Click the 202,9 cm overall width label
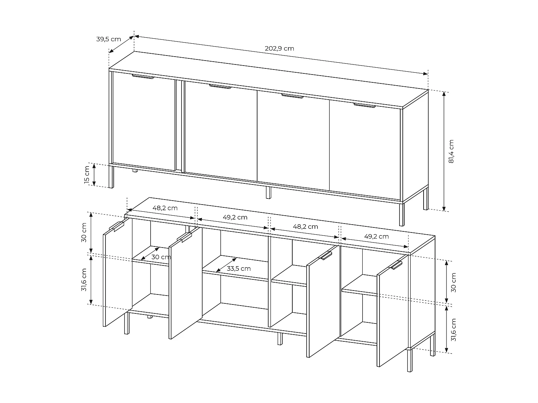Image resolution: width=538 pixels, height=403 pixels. pos(279,48)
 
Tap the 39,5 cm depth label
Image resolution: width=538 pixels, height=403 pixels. pos(108,39)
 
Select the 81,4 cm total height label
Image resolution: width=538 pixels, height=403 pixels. pos(451,151)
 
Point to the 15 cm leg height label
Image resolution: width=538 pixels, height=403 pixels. pos(86,175)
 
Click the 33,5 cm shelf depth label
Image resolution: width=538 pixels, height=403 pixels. pos(239,268)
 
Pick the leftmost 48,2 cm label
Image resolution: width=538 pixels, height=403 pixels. pos(165,208)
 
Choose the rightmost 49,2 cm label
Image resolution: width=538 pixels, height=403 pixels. pos(376,236)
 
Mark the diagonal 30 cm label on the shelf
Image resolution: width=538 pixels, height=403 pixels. pos(161,257)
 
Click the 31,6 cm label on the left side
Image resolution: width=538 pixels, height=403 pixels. pos(84,279)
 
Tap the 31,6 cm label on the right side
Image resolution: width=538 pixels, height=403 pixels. pos(453,330)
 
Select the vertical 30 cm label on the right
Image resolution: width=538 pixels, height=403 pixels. pos(453,282)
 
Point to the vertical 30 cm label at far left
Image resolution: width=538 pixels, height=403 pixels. pos(84,232)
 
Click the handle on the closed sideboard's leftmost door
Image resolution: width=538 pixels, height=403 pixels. pos(142,76)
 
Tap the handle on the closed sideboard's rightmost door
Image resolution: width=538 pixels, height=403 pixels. pos(364,105)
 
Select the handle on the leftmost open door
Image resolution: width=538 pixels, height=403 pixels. pos(116,226)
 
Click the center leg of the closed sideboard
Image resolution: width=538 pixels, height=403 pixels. pos(268,192)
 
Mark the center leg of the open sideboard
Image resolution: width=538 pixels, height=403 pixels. pos(280,339)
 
